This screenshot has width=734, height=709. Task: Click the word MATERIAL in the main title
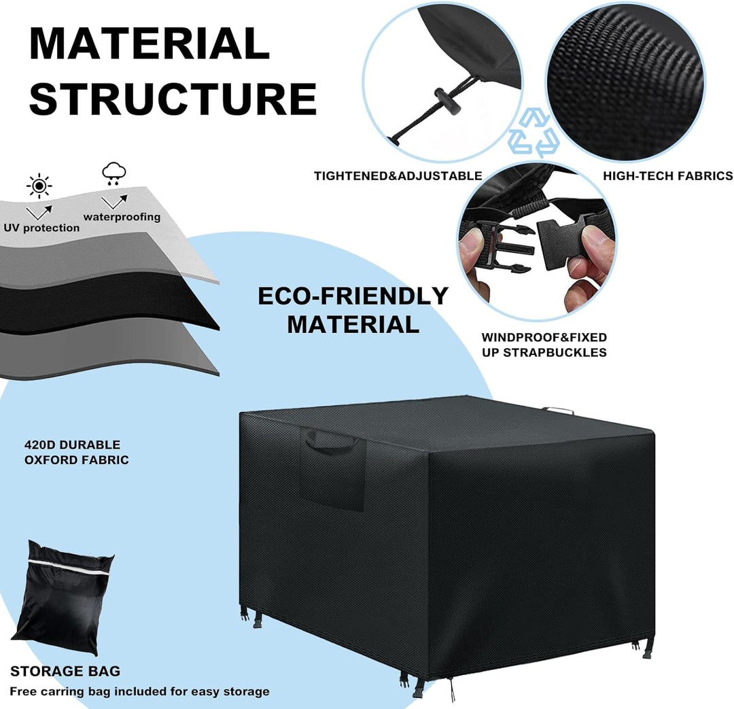click(x=150, y=44)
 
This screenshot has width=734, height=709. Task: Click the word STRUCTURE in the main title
click(x=173, y=99)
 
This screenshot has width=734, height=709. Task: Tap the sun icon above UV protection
click(x=39, y=186)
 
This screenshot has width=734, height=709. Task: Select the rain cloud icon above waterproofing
click(x=114, y=174)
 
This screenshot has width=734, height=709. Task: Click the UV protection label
click(x=41, y=228)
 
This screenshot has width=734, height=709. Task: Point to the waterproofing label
click(x=122, y=217)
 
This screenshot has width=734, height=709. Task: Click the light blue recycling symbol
click(x=534, y=133)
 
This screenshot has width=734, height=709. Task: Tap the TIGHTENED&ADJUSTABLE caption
click(x=398, y=176)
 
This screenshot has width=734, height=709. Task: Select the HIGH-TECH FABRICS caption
click(x=668, y=176)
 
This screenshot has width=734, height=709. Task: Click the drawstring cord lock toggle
click(x=447, y=100)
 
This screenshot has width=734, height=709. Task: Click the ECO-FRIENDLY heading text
click(x=353, y=296)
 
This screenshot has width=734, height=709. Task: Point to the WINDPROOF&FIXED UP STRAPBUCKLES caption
click(x=544, y=345)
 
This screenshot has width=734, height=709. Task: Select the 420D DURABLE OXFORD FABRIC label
click(x=76, y=452)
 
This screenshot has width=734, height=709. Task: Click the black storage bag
click(x=63, y=598)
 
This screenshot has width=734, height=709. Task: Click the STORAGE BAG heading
click(x=65, y=672)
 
